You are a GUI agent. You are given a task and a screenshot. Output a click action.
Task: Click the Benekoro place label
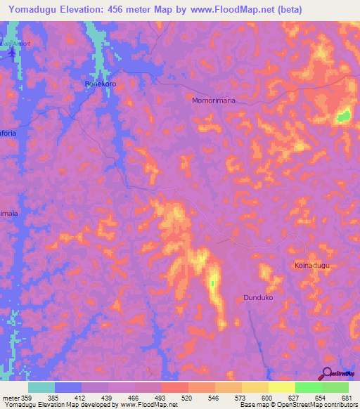click(x=100, y=83)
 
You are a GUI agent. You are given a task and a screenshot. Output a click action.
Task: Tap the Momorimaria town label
click(x=214, y=100)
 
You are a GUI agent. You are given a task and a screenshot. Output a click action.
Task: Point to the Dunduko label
click(x=258, y=298)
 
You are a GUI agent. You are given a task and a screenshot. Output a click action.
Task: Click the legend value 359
click(x=27, y=397)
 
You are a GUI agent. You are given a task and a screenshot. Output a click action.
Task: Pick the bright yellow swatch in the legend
click(x=282, y=387)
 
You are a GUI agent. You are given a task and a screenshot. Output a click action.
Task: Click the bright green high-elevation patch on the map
click(x=344, y=116)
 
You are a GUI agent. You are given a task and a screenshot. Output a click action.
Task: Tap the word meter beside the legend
click(x=11, y=397)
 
